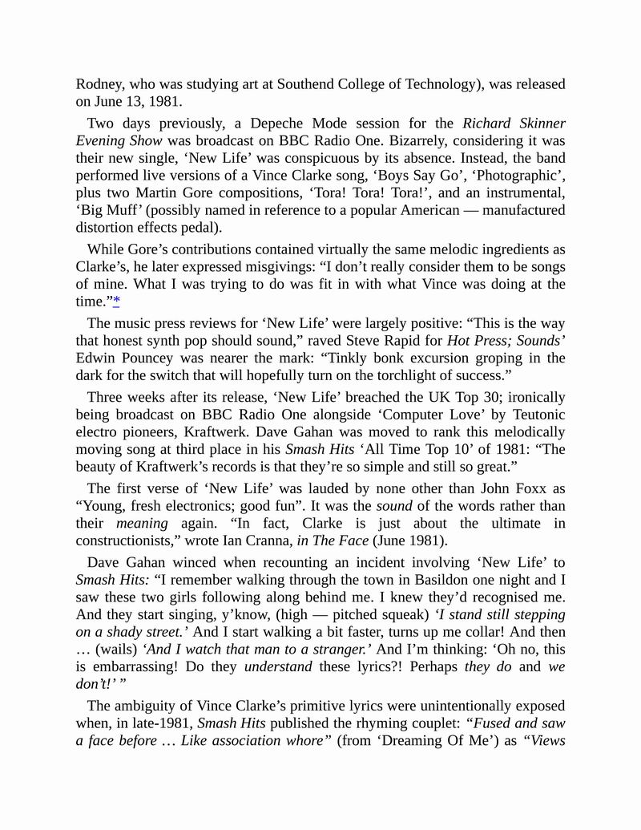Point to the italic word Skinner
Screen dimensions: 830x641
coord(537,123)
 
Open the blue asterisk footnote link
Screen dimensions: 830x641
coord(116,301)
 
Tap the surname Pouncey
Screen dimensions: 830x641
coord(150,358)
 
